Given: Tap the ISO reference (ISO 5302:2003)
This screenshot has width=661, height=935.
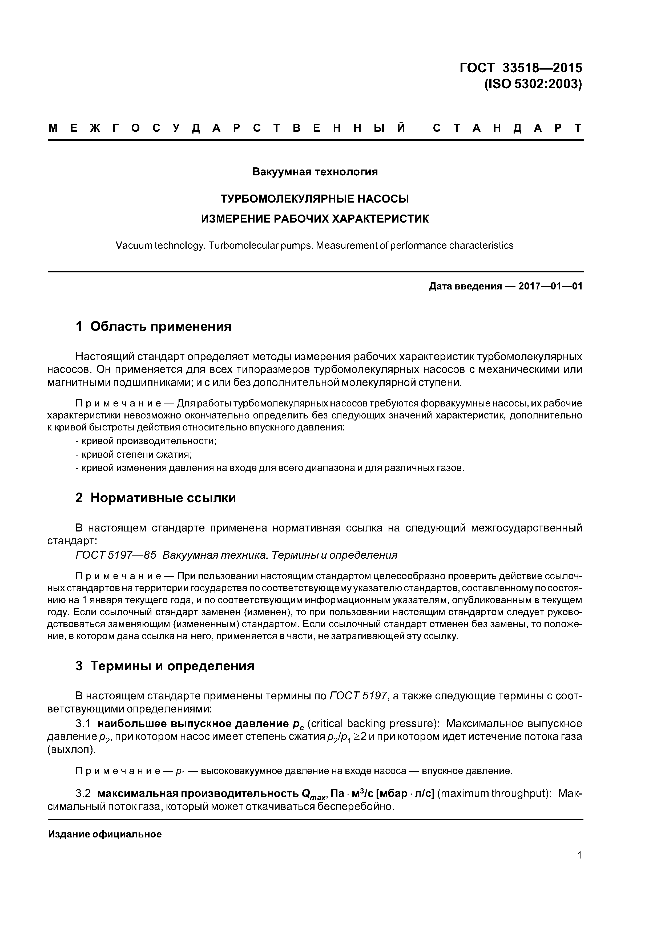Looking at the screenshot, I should [533, 84].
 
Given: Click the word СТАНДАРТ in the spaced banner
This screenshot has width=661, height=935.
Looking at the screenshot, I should [507, 128].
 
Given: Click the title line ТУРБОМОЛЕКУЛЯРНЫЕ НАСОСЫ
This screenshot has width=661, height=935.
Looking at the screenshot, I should [315, 199].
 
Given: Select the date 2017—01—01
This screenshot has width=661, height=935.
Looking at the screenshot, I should [550, 286].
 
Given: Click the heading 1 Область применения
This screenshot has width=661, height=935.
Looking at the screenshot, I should [154, 326].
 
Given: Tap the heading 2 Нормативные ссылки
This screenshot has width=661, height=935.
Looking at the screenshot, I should [156, 498].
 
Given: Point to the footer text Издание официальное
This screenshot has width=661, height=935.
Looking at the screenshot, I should [105, 835].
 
